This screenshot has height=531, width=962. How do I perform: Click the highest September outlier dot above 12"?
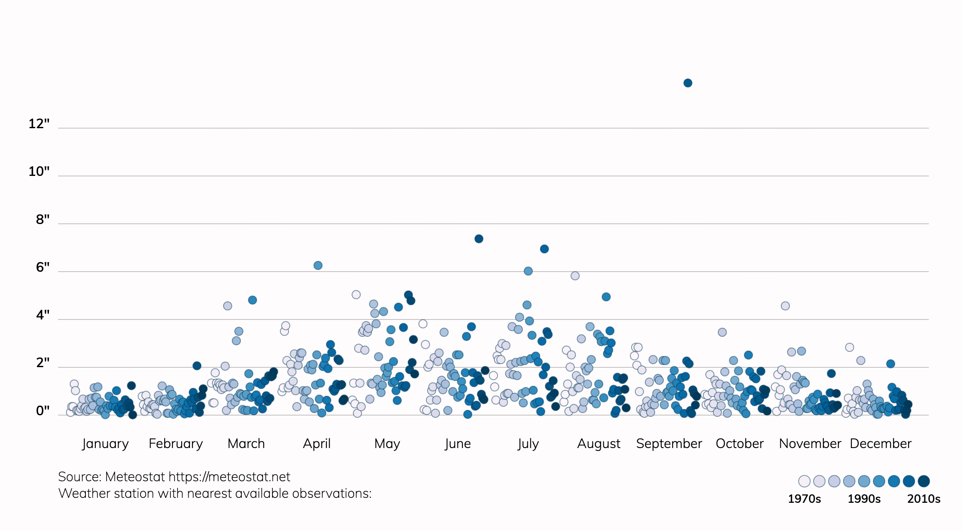687,83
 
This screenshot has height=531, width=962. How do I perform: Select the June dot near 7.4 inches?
479,239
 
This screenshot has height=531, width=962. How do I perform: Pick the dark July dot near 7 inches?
544,249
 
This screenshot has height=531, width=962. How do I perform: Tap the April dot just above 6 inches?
318,265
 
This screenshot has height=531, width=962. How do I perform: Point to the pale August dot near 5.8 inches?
575,276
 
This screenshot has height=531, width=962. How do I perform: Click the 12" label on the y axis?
39,124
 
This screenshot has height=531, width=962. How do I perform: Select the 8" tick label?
42,219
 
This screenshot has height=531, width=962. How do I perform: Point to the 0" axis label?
42,411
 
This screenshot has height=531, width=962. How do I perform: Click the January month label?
105,443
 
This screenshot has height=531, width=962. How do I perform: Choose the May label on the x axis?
387,443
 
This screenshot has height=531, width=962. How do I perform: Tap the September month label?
669,443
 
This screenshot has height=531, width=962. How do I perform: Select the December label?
880,443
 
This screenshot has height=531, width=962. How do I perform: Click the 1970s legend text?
804,499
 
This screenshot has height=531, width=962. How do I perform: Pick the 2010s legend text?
923,499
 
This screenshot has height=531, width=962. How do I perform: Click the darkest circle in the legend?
923,481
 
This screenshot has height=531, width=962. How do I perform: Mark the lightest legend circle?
804,481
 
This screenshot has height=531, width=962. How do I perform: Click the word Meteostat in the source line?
135,477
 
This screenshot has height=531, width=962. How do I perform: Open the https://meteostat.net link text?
229,477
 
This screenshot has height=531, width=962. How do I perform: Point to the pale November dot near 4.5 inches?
785,306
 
